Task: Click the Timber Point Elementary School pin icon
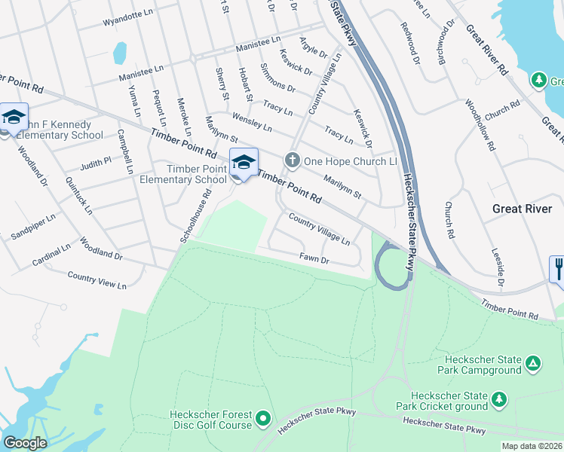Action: pyautogui.click(x=243, y=163)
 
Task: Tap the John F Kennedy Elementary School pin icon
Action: pyautogui.click(x=14, y=118)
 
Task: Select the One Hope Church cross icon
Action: pyautogui.click(x=292, y=160)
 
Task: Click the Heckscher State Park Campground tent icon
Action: pyautogui.click(x=532, y=364)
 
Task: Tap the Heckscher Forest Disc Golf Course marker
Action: pyautogui.click(x=262, y=417)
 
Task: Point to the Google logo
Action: pyautogui.click(x=26, y=443)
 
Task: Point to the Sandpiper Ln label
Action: pyautogui.click(x=33, y=227)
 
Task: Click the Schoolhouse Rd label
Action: pyautogui.click(x=193, y=216)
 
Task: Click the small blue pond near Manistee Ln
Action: pyautogui.click(x=119, y=53)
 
